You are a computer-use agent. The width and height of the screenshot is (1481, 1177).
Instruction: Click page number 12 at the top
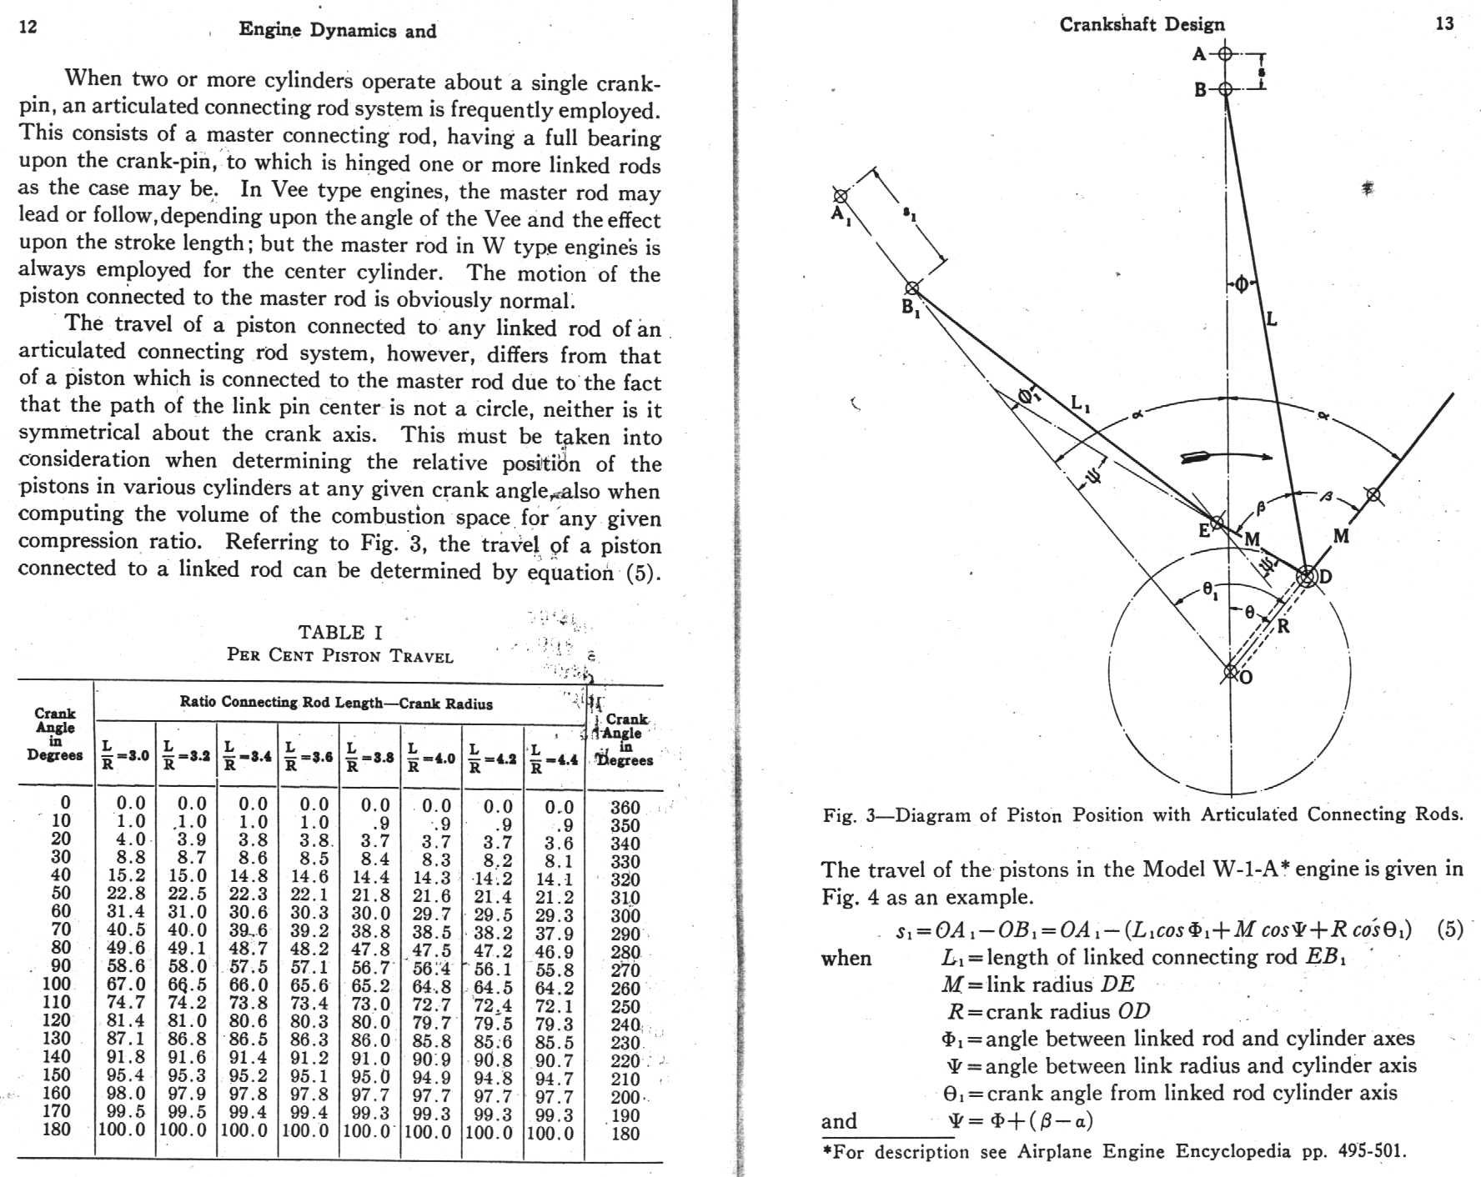[x=28, y=27]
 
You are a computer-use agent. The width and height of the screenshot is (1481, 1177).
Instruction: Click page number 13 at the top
[x=1444, y=23]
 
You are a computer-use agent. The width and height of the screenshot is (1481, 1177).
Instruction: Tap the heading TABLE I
[x=340, y=633]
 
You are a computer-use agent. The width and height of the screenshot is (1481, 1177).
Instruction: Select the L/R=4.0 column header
[x=431, y=756]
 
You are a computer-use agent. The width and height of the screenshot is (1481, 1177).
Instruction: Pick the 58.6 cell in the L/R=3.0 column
[x=125, y=966]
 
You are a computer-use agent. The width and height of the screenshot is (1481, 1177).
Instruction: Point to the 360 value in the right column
[x=625, y=808]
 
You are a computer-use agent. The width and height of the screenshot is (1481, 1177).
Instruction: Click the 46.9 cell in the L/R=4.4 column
[x=554, y=952]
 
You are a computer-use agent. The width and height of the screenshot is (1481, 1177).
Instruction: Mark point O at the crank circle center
[x=1231, y=672]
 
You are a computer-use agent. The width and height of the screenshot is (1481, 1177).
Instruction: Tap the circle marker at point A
[x=1225, y=54]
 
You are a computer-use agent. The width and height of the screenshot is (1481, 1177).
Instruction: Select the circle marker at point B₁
[x=912, y=288]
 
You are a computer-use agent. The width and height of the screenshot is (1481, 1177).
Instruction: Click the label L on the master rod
[x=1272, y=319]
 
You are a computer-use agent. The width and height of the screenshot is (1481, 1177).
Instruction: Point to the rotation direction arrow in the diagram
[x=1226, y=457]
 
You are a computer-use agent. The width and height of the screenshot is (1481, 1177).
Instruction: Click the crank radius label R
[x=1283, y=626]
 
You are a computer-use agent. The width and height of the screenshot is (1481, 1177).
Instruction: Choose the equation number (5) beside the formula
[x=1450, y=929]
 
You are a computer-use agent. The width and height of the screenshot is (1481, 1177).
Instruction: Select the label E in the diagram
[x=1204, y=531]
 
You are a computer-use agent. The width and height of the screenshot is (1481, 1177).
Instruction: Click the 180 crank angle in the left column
[x=57, y=1129]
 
